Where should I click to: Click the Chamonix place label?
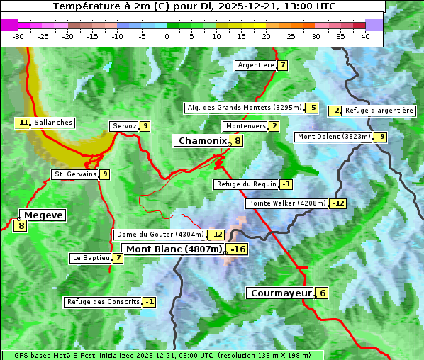point(202,141)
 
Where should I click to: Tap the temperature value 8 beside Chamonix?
point(238,141)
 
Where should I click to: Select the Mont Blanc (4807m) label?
point(174,249)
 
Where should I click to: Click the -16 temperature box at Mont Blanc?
point(238,249)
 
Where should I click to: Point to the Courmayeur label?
point(281,293)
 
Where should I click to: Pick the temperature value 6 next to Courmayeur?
point(323,293)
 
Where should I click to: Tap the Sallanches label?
point(53,123)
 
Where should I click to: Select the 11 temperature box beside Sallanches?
point(23,123)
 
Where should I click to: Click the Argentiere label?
point(256,65)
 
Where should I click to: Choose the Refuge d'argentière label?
point(379,111)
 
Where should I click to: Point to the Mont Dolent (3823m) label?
point(334,137)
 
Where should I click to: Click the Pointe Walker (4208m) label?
point(286,203)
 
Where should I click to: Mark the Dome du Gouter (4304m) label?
point(160,235)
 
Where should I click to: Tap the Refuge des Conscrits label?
point(102,302)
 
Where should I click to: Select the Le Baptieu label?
point(90,258)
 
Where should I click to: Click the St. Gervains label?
point(74,174)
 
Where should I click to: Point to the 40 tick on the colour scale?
point(365,35)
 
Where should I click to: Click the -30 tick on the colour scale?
point(18,35)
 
